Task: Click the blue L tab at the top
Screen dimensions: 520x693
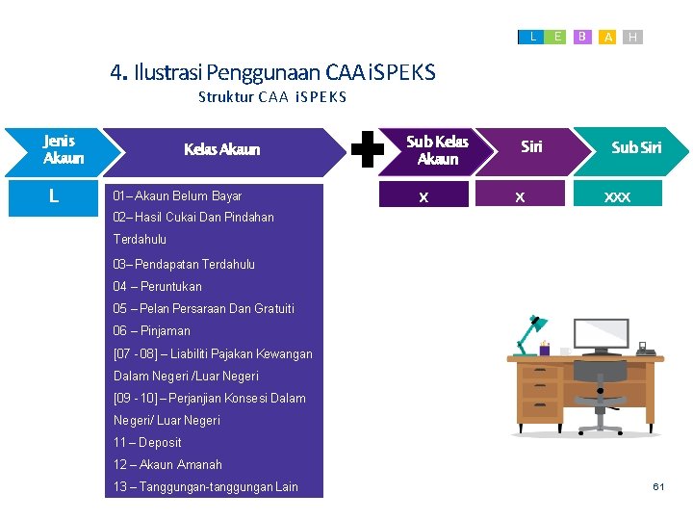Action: coord(533,37)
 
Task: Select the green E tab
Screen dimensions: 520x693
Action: coord(557,37)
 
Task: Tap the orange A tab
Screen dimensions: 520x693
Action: coord(607,37)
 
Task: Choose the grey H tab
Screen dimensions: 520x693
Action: coord(632,37)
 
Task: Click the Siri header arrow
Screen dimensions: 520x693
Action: coord(531,147)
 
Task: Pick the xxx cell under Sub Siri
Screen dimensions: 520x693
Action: coord(617,196)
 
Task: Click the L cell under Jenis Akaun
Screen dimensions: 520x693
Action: coord(53,196)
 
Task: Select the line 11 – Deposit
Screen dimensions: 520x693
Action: coord(147,442)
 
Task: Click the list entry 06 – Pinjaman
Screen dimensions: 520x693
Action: coord(152,330)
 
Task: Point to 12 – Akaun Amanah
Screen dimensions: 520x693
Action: coord(167,464)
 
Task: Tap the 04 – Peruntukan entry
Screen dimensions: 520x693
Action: coord(158,286)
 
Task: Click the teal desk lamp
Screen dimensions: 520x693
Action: coord(528,333)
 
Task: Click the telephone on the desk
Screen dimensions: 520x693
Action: coord(646,351)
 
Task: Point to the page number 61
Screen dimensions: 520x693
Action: coord(658,487)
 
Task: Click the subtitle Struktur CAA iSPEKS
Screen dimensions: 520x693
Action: coord(272,97)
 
